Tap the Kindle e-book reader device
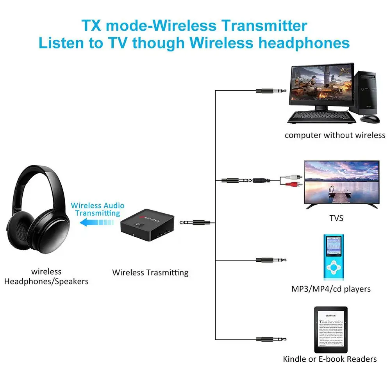click(x=330, y=330)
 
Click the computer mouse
click(x=370, y=118)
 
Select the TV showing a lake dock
click(x=341, y=182)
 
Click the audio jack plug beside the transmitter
click(x=197, y=222)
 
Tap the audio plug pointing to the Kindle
click(x=271, y=339)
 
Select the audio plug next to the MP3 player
click(x=271, y=260)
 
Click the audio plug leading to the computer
click(x=271, y=91)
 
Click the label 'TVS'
click(x=336, y=218)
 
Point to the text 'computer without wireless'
click(x=335, y=135)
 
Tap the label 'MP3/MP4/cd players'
click(x=331, y=289)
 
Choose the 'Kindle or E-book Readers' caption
click(x=330, y=359)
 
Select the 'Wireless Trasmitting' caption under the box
click(x=150, y=272)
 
